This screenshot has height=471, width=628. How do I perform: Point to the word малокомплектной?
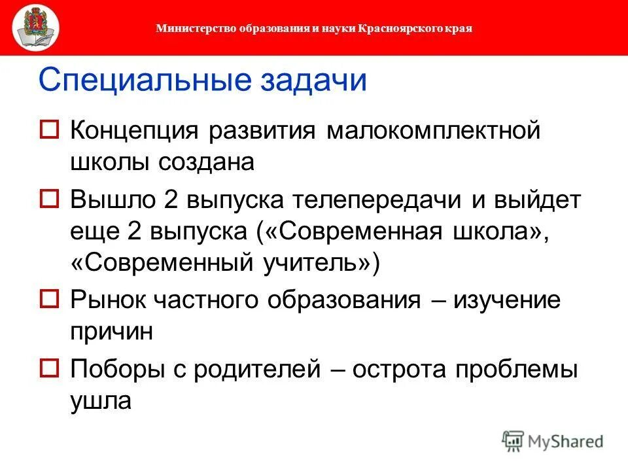click(x=434, y=130)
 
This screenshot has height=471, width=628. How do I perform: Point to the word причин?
click(x=112, y=331)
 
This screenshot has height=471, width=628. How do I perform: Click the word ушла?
click(x=101, y=400)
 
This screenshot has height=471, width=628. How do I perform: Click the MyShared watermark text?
click(x=565, y=442)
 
